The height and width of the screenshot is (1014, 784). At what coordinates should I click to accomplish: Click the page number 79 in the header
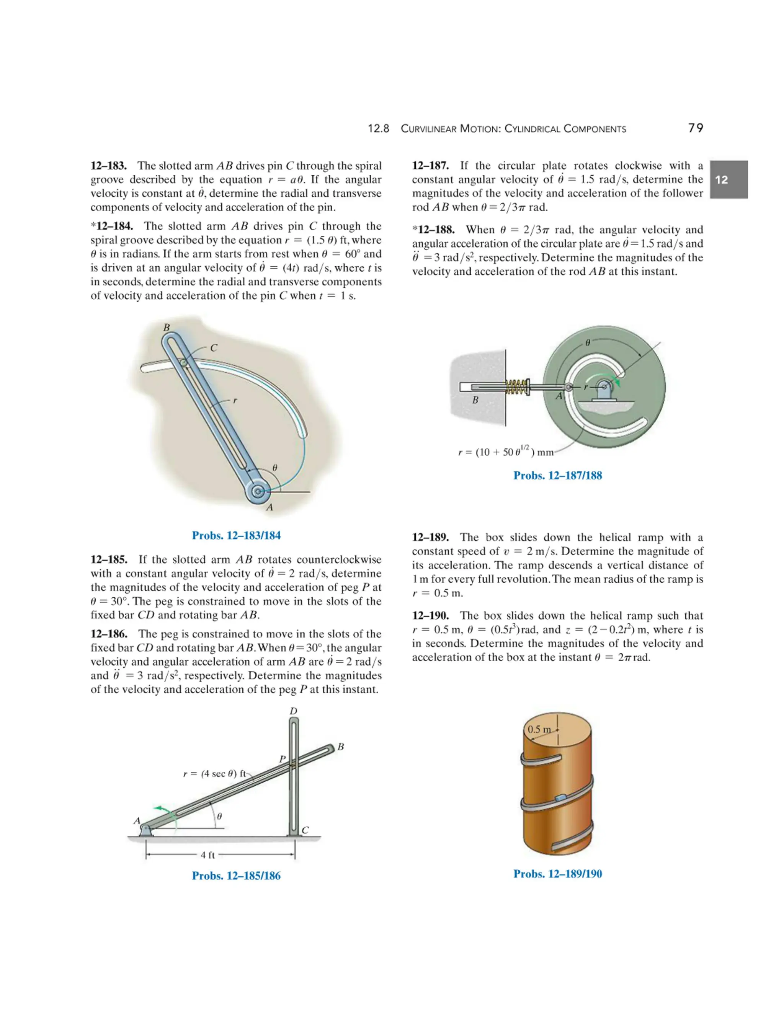695,128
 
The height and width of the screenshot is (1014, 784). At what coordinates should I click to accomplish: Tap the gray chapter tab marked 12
728,180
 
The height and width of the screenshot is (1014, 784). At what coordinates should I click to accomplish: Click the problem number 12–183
109,166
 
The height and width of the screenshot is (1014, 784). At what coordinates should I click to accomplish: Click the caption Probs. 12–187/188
557,475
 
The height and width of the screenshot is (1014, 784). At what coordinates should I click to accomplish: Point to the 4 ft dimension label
207,855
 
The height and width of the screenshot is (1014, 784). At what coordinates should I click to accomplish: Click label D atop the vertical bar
293,711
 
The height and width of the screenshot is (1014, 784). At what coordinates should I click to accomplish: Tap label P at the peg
282,759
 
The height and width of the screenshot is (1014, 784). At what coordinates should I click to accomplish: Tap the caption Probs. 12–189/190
557,874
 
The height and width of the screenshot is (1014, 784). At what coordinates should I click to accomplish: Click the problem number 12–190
430,616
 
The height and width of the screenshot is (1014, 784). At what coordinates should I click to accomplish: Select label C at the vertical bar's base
305,830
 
